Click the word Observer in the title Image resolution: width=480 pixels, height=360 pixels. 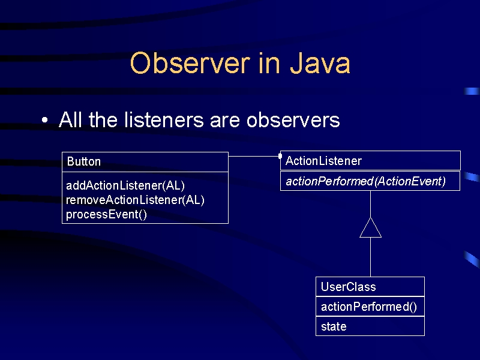190,64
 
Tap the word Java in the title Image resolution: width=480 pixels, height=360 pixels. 320,64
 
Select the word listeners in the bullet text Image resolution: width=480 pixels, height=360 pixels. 164,119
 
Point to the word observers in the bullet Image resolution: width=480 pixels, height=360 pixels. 293,120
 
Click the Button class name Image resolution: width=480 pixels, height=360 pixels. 83,161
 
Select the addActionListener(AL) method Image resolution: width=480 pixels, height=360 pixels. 125,185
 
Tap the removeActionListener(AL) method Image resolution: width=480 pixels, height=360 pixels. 135,200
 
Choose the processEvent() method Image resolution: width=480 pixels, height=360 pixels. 106,214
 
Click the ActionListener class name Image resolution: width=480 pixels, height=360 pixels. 323,161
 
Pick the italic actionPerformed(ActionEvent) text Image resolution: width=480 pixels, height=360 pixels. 365,181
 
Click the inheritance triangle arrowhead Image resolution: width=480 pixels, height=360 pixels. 370,228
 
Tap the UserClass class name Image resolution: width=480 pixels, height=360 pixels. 348,287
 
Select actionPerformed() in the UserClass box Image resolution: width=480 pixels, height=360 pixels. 368,307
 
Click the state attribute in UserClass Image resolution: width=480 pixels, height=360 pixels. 334,326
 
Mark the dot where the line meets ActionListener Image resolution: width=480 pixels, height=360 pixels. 280,156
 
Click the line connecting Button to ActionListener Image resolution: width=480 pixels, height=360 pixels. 253,156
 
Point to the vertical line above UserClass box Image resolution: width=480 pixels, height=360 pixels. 370,257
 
